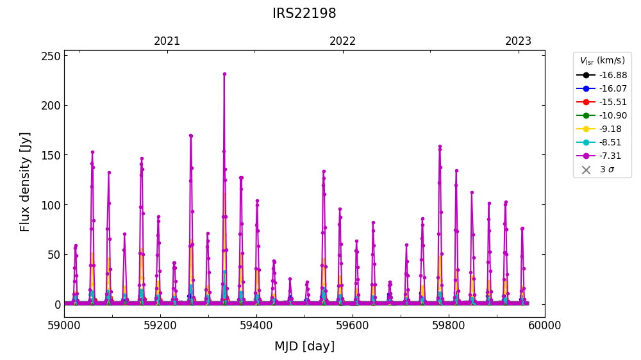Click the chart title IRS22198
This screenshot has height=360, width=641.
(304, 13)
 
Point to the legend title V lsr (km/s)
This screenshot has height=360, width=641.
(602, 61)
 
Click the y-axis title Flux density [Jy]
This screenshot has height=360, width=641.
(25, 183)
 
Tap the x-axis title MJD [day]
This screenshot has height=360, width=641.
(304, 347)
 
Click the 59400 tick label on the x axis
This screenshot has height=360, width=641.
(256, 325)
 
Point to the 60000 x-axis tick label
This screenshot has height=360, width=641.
(544, 325)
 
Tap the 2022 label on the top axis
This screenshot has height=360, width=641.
(342, 42)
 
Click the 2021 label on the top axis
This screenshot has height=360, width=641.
(167, 42)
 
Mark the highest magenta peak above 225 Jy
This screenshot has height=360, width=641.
(224, 74)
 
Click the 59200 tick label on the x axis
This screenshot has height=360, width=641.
(160, 325)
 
